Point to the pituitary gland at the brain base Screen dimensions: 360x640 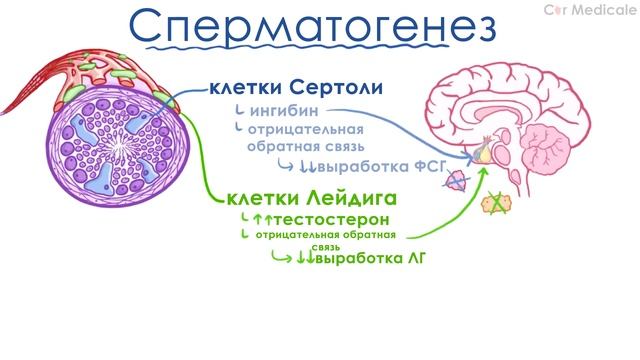tap(484, 152)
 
